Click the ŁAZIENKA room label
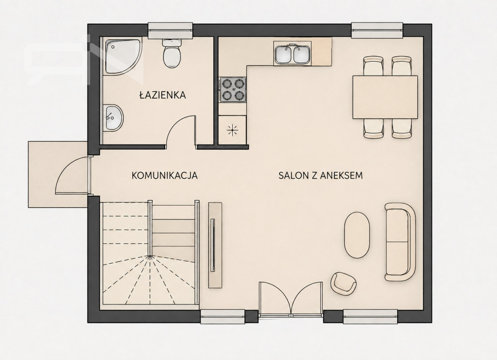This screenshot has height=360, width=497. click(162, 95)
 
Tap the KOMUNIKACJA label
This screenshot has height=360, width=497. click(164, 175)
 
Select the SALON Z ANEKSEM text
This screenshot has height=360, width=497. click(321, 175)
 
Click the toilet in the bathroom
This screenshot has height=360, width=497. click(172, 53)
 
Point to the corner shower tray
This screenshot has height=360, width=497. click(121, 56)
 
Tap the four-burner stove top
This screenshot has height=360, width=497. click(233, 89)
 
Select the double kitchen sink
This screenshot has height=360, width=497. click(292, 54)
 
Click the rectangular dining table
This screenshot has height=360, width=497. click(385, 97)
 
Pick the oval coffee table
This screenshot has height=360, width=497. click(357, 235)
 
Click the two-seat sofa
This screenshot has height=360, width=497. click(400, 242)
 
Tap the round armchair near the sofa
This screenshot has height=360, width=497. click(343, 284)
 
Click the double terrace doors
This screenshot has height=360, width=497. click(291, 299)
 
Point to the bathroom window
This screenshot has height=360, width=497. click(170, 30)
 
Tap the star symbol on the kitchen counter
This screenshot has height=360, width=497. click(232, 130)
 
